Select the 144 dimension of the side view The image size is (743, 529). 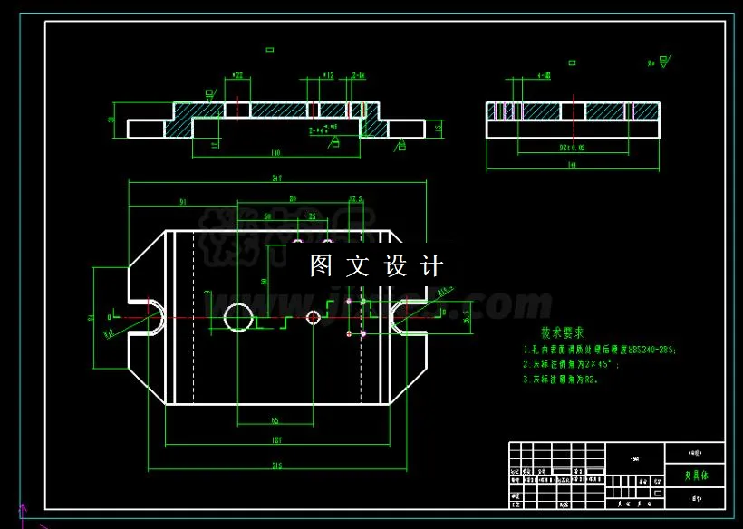[x=572, y=166]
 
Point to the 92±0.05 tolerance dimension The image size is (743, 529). [x=572, y=146]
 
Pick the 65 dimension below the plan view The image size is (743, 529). [x=275, y=420]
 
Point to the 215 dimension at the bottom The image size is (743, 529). [x=276, y=466]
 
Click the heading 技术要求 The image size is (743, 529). [x=564, y=332]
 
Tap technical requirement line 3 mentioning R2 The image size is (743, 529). [x=566, y=380]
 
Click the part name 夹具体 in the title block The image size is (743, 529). [x=694, y=472]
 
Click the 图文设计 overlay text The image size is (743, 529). [x=377, y=266]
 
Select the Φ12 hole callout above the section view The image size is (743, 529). [x=328, y=75]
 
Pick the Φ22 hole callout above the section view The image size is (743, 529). [x=238, y=75]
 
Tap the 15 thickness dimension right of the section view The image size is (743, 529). [x=439, y=129]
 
